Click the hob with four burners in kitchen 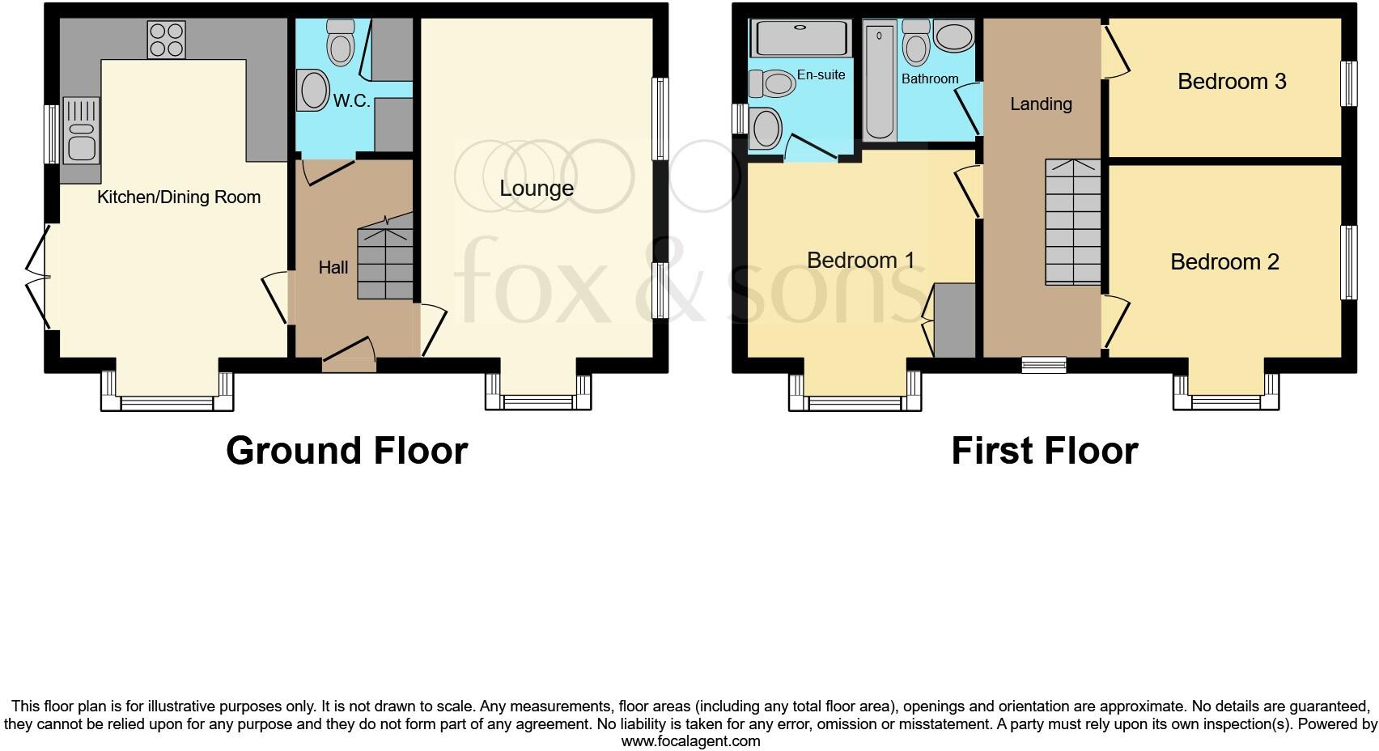pyautogui.click(x=166, y=40)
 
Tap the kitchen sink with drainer pyautogui.click(x=80, y=130)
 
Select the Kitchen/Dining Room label pyautogui.click(x=179, y=197)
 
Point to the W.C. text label pyautogui.click(x=351, y=101)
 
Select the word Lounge pyautogui.click(x=537, y=189)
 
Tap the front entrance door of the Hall pyautogui.click(x=349, y=357)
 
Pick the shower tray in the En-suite pyautogui.click(x=800, y=37)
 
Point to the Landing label pyautogui.click(x=1041, y=104)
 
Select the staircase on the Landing pyautogui.click(x=1072, y=222)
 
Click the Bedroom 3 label pyautogui.click(x=1231, y=82)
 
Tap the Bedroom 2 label pyautogui.click(x=1224, y=262)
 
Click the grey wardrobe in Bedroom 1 pyautogui.click(x=955, y=320)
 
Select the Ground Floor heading pyautogui.click(x=346, y=451)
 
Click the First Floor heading pyautogui.click(x=1044, y=451)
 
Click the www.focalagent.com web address pyautogui.click(x=690, y=740)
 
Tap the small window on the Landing pyautogui.click(x=1043, y=365)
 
